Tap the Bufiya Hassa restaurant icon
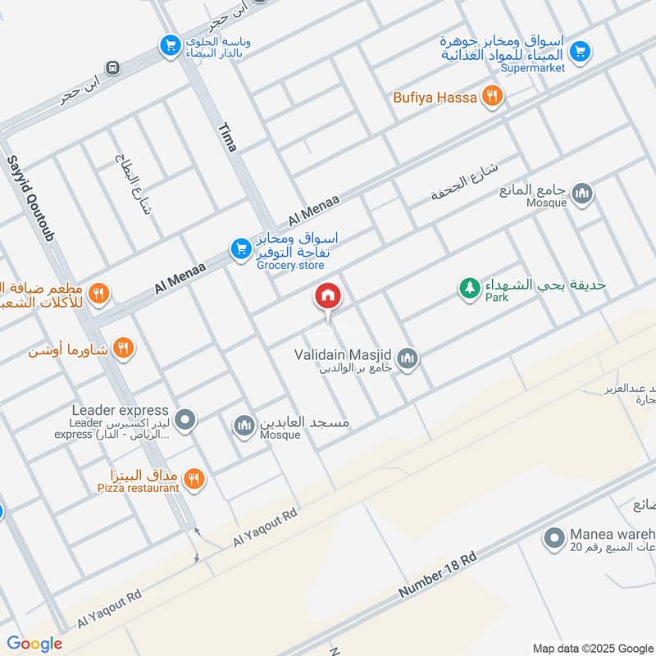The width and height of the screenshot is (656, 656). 491,97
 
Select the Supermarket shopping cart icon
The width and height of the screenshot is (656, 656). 580,51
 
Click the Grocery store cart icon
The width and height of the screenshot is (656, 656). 239,248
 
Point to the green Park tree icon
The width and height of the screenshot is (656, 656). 469,289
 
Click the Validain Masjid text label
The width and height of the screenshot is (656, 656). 343,355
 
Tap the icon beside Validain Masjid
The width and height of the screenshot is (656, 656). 408,358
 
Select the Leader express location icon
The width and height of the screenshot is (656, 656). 186,421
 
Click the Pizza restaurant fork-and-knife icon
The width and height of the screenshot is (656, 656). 194,479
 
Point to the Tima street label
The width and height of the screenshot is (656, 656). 227,137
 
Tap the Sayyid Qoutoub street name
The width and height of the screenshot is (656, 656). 30,199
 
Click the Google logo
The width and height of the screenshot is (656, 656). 34,644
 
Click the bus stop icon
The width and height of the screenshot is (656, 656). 113,67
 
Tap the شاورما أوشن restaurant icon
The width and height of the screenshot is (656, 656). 123,348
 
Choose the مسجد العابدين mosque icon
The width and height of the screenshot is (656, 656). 243,425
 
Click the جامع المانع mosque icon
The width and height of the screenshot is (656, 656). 583,194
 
